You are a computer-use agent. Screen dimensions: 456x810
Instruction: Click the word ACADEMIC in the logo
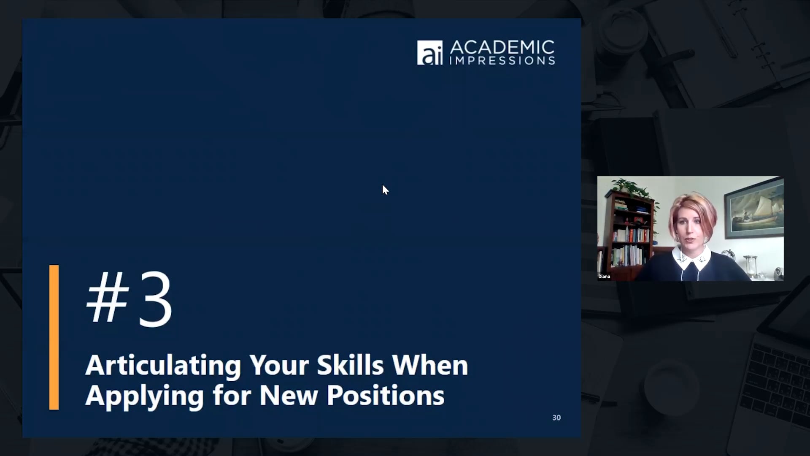pyautogui.click(x=502, y=47)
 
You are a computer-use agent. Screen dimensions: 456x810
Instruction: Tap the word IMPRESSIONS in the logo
pyautogui.click(x=502, y=61)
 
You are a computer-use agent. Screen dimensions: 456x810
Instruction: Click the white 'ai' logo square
pyautogui.click(x=429, y=53)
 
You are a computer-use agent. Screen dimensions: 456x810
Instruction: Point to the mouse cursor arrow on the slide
pyautogui.click(x=385, y=190)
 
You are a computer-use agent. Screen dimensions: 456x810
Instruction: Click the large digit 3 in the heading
pyautogui.click(x=155, y=299)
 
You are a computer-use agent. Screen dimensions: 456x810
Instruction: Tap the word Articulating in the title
pyautogui.click(x=163, y=366)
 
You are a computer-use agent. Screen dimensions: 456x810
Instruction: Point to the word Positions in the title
pyautogui.click(x=385, y=396)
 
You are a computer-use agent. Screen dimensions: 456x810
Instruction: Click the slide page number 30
pyautogui.click(x=556, y=418)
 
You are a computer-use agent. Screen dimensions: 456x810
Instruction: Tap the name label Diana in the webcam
pyautogui.click(x=604, y=277)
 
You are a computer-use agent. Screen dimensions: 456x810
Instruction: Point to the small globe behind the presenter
pyautogui.click(x=729, y=255)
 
